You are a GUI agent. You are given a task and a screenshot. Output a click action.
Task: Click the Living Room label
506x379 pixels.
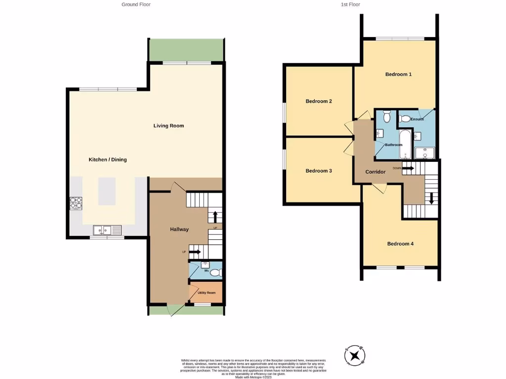(x=169, y=126)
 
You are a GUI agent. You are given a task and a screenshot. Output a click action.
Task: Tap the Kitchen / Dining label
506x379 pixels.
(x=107, y=159)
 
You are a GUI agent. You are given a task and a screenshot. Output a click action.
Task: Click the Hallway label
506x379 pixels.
(x=179, y=229)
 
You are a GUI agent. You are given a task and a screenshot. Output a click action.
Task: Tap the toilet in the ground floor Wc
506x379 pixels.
(x=216, y=272)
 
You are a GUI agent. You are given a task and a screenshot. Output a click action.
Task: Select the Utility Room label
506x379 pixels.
(x=206, y=293)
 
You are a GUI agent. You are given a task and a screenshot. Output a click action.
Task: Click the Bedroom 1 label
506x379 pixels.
(x=398, y=75)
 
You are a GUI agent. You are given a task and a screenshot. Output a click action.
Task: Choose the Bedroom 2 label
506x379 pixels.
(x=318, y=101)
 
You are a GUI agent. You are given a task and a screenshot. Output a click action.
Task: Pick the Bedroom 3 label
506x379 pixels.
(x=318, y=171)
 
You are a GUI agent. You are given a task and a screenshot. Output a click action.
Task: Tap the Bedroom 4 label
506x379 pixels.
(x=400, y=244)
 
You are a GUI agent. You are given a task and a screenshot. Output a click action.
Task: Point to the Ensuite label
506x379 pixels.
(x=417, y=119)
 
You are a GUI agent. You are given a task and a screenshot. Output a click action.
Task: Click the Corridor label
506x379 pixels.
(x=375, y=172)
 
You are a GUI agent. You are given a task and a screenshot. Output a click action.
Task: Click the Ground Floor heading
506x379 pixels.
(x=136, y=4)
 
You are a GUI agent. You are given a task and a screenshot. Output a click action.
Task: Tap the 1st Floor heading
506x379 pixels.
(x=350, y=4)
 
